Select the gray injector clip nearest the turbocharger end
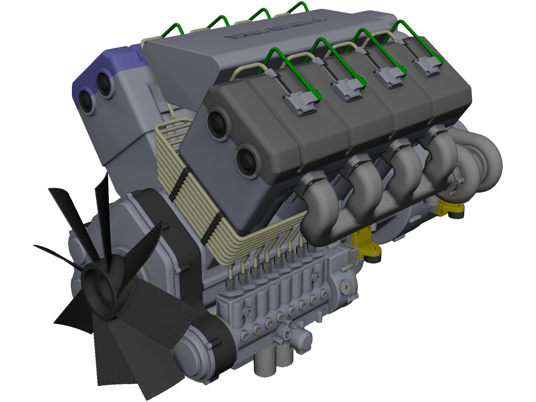click(427, 66)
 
